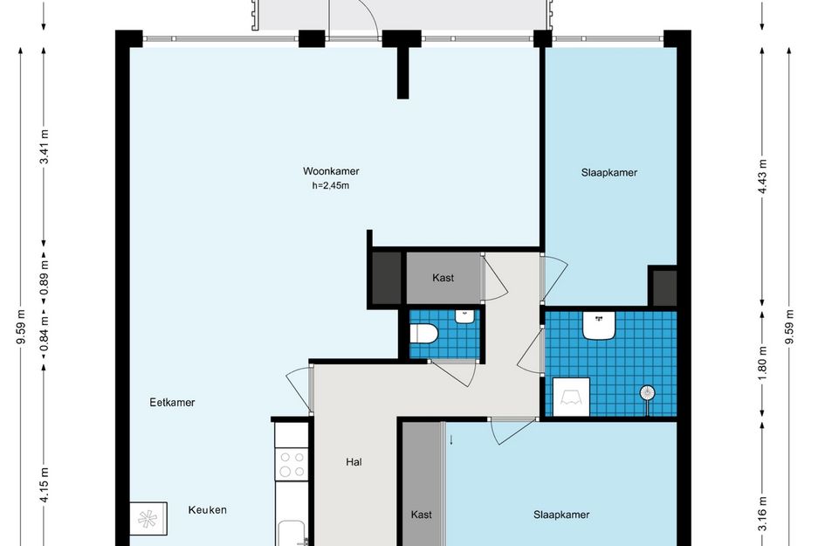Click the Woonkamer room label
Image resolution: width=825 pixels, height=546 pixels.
pos(331,171)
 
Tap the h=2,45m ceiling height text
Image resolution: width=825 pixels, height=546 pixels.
pos(331,185)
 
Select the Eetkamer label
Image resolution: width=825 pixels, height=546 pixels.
pos(172,402)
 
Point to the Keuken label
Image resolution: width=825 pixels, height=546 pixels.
pos(207,509)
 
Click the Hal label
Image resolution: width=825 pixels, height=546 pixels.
pos(354,462)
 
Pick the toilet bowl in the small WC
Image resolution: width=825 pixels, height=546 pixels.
pos(424,334)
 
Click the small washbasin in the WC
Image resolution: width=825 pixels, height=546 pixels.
pos(464,316)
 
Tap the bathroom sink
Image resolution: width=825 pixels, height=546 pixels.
pos(599,325)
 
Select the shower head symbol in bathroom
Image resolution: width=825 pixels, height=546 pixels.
pos(648,393)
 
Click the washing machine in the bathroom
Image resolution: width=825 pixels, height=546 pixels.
pos(571,397)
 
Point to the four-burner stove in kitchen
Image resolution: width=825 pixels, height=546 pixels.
pos(292,464)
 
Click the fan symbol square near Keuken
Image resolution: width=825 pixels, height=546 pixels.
pos(148,519)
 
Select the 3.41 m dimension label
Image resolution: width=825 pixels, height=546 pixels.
pos(45,147)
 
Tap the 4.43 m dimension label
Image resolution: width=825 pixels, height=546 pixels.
pos(762,176)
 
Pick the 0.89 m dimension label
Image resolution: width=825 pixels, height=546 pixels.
pos(45,278)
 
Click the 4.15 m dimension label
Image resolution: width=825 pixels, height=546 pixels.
pos(45,485)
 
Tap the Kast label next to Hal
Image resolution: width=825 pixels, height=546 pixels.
pos(422,515)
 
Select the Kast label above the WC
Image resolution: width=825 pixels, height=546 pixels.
pos(443,278)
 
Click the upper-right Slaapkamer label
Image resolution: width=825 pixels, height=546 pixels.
pos(609,173)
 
